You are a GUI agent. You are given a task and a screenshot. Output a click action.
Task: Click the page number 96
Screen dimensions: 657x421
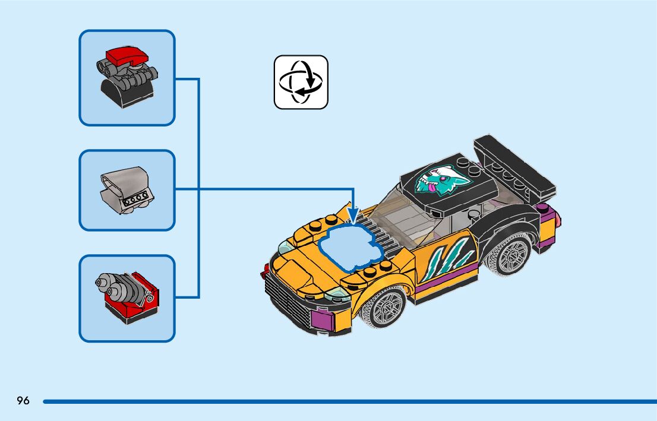coord(23,401)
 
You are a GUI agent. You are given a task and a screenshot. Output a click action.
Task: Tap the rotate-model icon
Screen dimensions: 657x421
coord(301,82)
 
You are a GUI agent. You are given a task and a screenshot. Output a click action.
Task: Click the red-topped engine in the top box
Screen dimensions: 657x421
coord(127,78)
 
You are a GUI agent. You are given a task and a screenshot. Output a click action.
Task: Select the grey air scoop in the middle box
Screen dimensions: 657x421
coord(127,189)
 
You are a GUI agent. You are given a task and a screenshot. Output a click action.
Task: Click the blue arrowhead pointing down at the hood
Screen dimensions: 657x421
coord(353,216)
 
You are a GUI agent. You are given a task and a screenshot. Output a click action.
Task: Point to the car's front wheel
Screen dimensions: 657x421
coord(383,307)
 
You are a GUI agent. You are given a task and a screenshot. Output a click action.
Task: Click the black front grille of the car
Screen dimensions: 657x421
coord(286,290)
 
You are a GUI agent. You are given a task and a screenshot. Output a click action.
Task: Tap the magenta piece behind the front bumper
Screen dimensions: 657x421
coord(321,321)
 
